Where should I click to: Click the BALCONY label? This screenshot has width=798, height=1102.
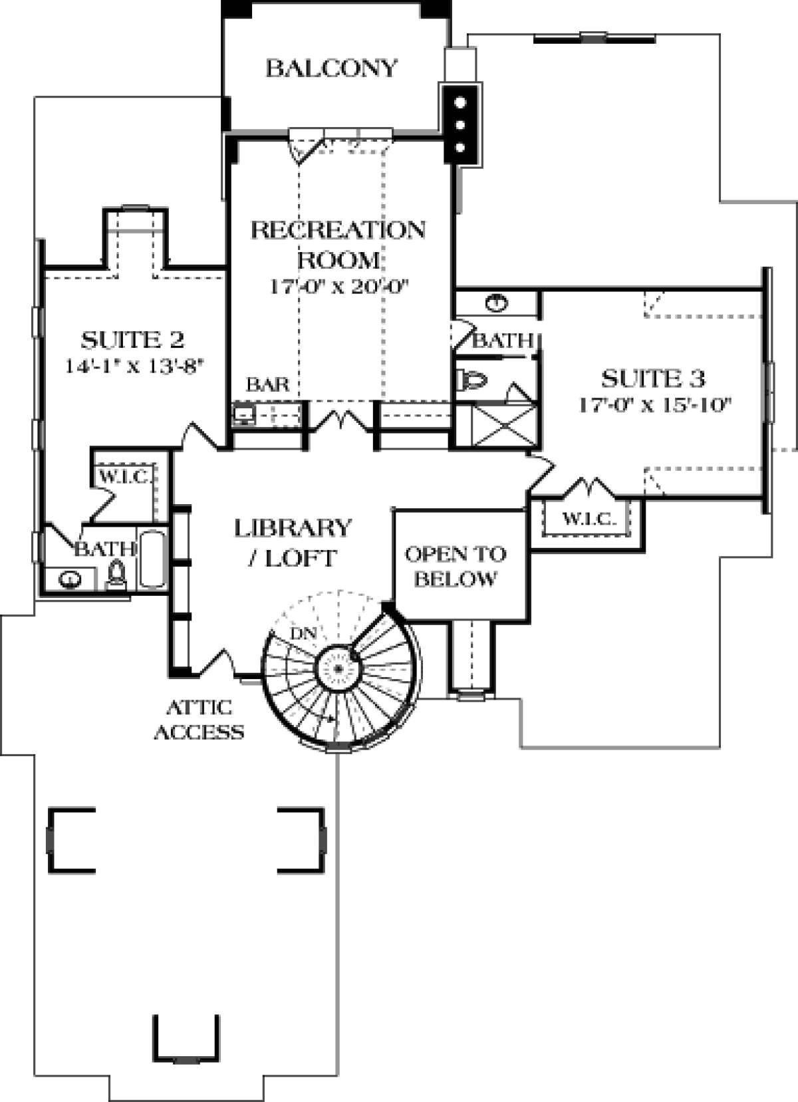point(331,69)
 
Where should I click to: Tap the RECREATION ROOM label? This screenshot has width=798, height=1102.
point(338,243)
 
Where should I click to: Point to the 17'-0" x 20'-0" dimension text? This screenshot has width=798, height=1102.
point(338,287)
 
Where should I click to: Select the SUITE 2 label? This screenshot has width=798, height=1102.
point(132,340)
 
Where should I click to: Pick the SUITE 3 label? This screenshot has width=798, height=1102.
point(652,379)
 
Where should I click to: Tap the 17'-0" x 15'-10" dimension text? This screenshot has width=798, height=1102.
point(655,405)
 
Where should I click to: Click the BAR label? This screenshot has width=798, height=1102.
point(268,384)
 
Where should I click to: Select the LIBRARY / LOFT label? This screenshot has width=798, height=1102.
point(293,542)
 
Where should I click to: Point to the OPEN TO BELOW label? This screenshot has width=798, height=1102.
point(456,566)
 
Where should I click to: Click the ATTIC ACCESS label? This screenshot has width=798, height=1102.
point(199,719)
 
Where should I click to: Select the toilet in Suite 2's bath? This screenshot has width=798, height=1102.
point(117,574)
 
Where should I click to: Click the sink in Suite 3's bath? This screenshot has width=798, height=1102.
point(496,304)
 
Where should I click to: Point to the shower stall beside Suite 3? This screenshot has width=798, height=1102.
point(503,427)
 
